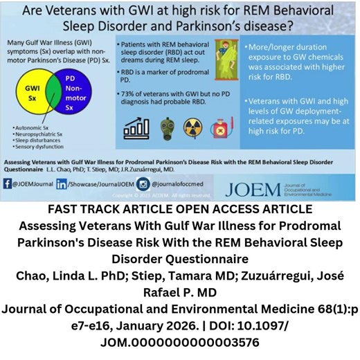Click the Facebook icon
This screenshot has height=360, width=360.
(8, 184)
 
